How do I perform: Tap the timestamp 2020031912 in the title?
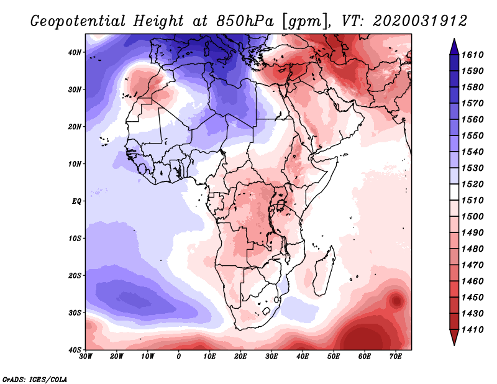pyautogui.click(x=420, y=21)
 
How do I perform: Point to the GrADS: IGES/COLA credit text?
pyautogui.click(x=35, y=378)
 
